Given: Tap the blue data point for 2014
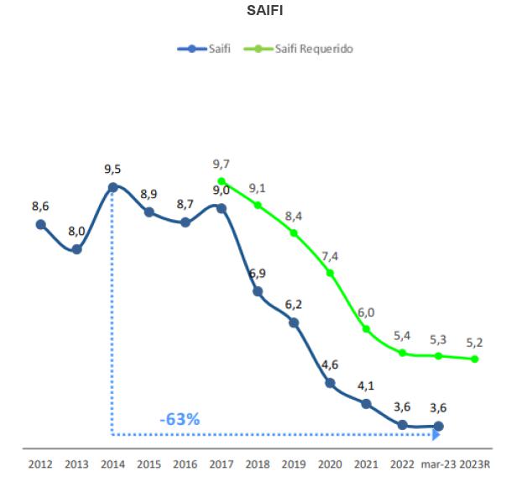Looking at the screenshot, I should [112, 187].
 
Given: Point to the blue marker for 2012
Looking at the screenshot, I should [40, 224].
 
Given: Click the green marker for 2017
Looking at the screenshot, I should [222, 181].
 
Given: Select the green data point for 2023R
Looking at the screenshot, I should [475, 359].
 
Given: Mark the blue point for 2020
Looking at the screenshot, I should [330, 383].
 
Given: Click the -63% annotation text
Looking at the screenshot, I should [180, 418].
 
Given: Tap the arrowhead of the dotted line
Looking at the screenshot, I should [436, 435].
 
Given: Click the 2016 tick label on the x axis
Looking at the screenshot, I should [185, 463].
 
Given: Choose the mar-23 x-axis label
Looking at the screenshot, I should [438, 463].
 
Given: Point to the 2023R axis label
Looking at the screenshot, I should [476, 463].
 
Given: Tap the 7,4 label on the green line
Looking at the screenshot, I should [330, 256].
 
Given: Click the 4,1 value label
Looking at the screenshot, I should [366, 386].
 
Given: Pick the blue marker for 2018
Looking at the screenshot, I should [258, 291].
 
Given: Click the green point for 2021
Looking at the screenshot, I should [366, 329].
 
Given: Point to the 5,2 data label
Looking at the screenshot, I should [475, 343].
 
